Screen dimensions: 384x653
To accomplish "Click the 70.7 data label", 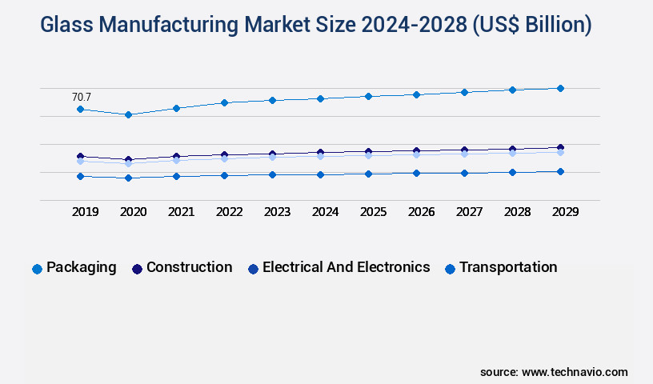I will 82,97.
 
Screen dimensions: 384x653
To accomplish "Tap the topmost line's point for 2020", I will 128,114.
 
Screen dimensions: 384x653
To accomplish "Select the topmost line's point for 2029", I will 560,88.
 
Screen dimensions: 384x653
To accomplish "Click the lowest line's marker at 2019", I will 80,176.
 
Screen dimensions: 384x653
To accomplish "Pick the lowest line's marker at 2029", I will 560,171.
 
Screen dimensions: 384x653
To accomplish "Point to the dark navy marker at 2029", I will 560,147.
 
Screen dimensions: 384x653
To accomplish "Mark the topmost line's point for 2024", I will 320,98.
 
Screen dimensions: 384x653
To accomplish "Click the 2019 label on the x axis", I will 86,212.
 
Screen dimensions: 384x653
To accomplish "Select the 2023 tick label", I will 277,212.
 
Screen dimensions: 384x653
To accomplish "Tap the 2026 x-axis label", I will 421,212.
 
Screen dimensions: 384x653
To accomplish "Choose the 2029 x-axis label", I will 565,212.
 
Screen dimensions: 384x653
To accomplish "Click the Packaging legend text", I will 81,267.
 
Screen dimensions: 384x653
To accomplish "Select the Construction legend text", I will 189,267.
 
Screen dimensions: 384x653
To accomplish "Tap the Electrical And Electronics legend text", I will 346,267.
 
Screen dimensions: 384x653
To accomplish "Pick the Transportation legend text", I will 508,267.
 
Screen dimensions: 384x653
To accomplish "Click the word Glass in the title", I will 67,26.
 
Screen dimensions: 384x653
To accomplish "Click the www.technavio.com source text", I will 575,372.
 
